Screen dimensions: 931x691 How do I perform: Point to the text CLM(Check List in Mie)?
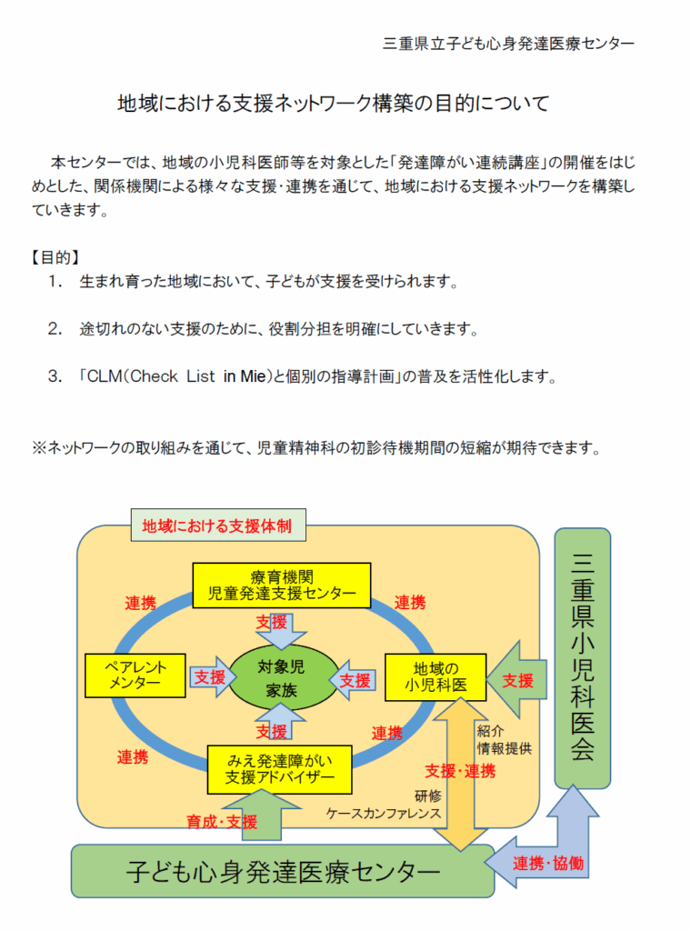point(181,375)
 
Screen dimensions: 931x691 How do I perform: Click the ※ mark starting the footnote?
point(39,447)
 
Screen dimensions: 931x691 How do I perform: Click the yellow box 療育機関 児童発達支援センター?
point(282,586)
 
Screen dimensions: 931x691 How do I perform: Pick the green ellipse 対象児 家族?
point(281,678)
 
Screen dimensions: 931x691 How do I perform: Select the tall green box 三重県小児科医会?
point(582,656)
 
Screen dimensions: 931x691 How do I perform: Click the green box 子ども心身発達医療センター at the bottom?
point(283,872)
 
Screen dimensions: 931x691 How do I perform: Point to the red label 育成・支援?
point(222,822)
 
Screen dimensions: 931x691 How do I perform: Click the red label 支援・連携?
point(460,771)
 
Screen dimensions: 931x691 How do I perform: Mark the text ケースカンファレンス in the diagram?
point(384,814)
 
